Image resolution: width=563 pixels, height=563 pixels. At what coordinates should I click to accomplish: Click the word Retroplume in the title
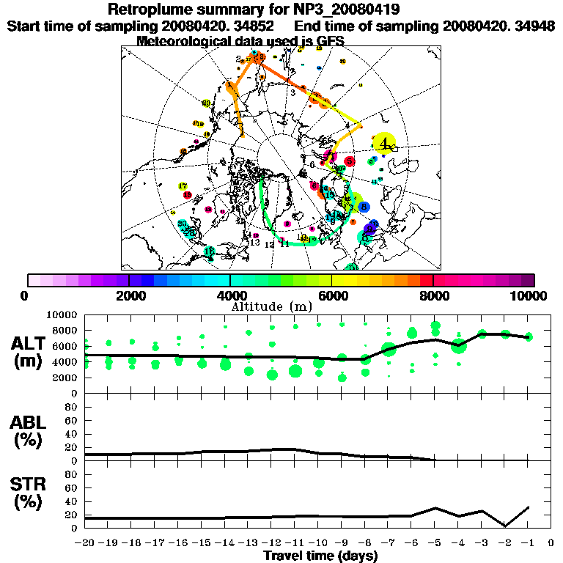point(147,10)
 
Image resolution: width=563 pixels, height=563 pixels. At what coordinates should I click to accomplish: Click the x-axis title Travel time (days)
point(320,556)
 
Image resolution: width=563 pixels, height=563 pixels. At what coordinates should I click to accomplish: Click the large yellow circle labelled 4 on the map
point(384,144)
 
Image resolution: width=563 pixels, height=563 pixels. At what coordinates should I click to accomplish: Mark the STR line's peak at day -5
point(435,507)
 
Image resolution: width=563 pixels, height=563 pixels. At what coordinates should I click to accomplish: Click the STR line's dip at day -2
point(505,525)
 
